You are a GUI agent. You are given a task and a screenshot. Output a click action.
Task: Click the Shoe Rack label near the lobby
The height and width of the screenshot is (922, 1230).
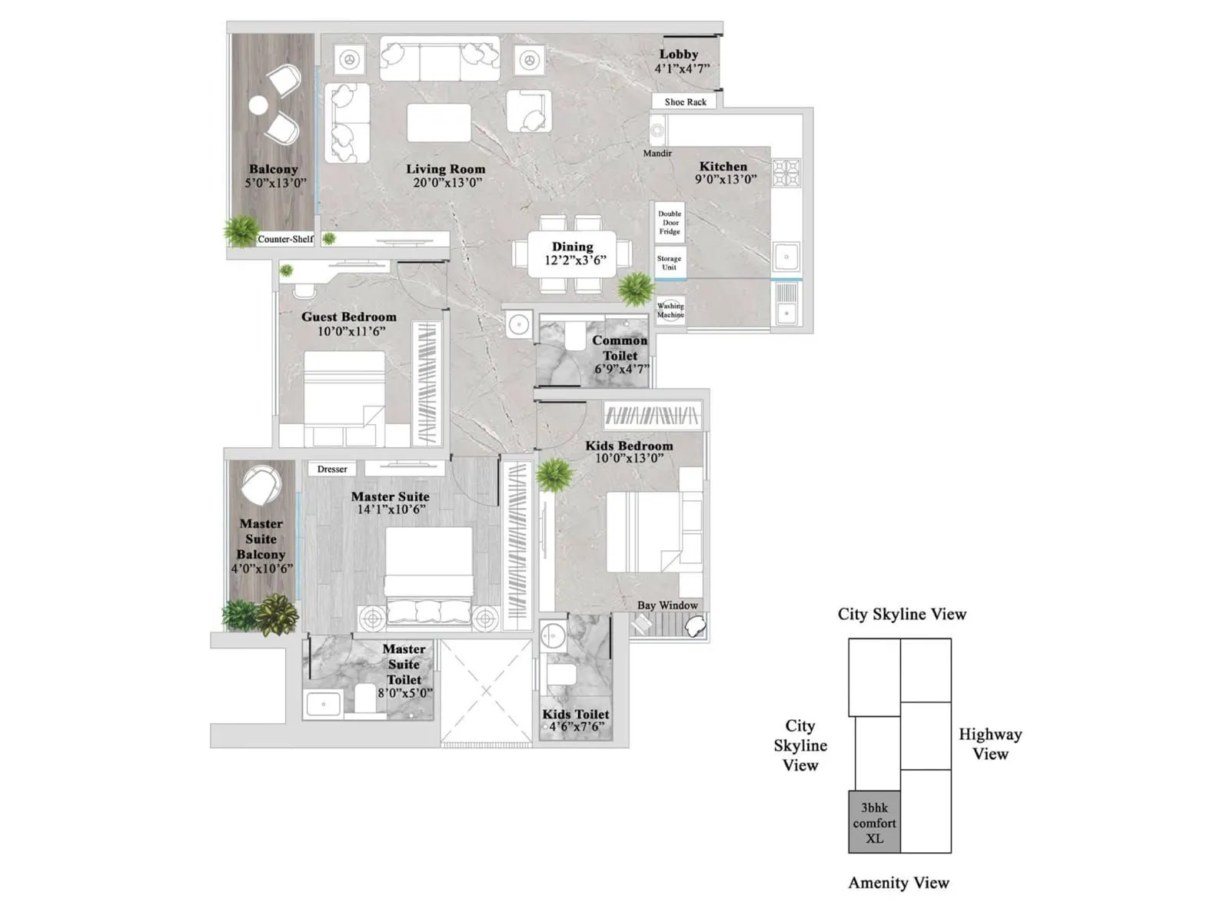click(685, 101)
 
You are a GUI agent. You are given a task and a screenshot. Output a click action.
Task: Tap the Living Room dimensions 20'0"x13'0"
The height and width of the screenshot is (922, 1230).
click(447, 183)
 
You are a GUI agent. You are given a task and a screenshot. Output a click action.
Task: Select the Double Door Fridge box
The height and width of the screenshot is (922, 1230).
click(670, 223)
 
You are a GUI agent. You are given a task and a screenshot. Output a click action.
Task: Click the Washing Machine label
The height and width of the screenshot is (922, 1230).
click(670, 310)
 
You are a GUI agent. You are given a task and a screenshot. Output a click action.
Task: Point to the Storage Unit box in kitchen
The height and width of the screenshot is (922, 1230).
click(670, 263)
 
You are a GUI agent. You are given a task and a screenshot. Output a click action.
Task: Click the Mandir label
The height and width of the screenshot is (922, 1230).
click(657, 153)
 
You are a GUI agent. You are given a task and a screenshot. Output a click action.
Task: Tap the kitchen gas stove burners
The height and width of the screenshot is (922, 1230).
click(786, 173)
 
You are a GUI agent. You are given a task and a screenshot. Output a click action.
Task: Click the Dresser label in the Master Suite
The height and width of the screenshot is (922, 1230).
click(332, 469)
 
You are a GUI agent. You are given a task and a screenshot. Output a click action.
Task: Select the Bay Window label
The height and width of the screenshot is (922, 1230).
click(667, 605)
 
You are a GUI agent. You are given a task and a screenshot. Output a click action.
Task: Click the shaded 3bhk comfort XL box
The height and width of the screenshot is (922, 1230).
click(874, 823)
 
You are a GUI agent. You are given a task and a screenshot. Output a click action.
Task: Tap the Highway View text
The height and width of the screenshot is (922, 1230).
click(990, 744)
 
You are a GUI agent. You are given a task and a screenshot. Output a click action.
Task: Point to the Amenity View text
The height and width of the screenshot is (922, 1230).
click(899, 883)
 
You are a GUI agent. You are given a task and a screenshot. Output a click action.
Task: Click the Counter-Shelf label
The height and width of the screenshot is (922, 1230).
click(285, 239)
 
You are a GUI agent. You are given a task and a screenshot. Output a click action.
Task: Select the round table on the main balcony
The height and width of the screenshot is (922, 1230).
click(258, 104)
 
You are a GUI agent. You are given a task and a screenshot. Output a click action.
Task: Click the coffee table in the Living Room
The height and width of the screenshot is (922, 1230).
click(439, 123)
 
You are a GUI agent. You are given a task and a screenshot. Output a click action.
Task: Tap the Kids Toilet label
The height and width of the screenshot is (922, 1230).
click(576, 714)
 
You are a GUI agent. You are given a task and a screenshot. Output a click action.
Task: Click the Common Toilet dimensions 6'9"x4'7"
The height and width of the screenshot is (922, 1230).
click(621, 369)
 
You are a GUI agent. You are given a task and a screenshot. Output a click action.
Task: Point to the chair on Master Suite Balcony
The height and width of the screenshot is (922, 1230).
click(261, 486)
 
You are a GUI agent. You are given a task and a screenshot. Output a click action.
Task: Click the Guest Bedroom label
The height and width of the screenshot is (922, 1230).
click(349, 317)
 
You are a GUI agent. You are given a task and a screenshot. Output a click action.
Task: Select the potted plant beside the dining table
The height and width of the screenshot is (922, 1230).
click(636, 289)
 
